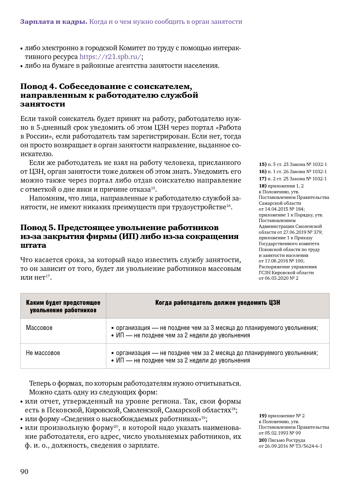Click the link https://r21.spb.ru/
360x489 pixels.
pyautogui.click(x=110, y=57)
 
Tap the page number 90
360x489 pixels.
pyautogui.click(x=24, y=472)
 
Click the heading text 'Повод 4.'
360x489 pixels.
pyautogui.click(x=38, y=86)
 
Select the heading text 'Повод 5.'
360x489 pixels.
pyautogui.click(x=38, y=228)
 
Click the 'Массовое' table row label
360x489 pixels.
pyautogui.click(x=39, y=328)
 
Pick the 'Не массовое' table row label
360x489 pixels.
pyautogui.click(x=43, y=353)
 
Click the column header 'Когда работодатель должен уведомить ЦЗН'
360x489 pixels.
pyautogui.click(x=217, y=303)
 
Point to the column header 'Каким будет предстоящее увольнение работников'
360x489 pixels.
pyautogui.click(x=63, y=306)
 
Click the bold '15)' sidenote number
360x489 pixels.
pyautogui.click(x=262, y=165)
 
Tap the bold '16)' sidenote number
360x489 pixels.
pyautogui.click(x=262, y=172)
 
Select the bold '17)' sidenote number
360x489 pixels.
pyautogui.click(x=262, y=179)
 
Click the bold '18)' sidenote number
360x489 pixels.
pyautogui.click(x=262, y=186)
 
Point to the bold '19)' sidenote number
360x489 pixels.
pyautogui.click(x=262, y=416)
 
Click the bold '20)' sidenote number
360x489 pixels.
pyautogui.click(x=262, y=440)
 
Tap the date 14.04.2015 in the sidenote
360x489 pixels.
pyautogui.click(x=276, y=209)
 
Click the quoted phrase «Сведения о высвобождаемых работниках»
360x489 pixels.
pyautogui.click(x=131, y=419)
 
